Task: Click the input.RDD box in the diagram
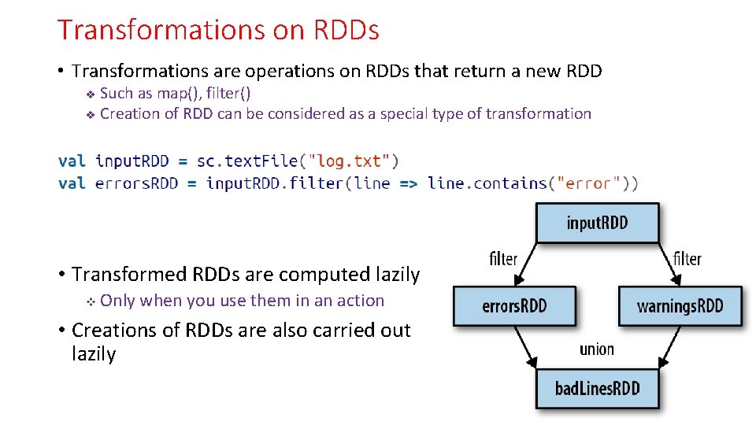(597, 223)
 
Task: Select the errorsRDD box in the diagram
(514, 305)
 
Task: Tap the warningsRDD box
(680, 305)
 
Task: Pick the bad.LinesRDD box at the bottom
(597, 388)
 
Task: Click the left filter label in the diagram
(503, 258)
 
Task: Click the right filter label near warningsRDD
(687, 258)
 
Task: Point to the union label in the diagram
(596, 349)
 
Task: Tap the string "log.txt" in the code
(347, 161)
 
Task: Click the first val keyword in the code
(72, 161)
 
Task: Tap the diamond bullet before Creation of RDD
(90, 115)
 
